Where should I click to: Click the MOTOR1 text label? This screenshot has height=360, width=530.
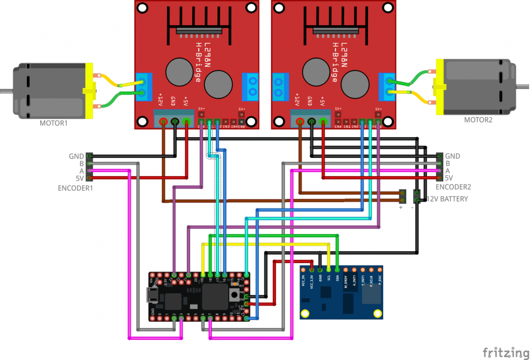click(54, 124)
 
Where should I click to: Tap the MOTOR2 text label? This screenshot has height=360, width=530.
click(479, 120)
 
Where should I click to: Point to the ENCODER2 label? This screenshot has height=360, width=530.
click(453, 187)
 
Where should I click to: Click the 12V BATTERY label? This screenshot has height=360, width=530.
click(447, 199)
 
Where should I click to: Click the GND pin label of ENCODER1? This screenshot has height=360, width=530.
click(76, 156)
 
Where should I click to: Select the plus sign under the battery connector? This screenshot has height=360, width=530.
click(400, 208)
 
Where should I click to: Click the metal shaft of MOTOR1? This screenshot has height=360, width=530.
click(6, 91)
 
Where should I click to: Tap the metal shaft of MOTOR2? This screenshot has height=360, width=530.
click(523, 85)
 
